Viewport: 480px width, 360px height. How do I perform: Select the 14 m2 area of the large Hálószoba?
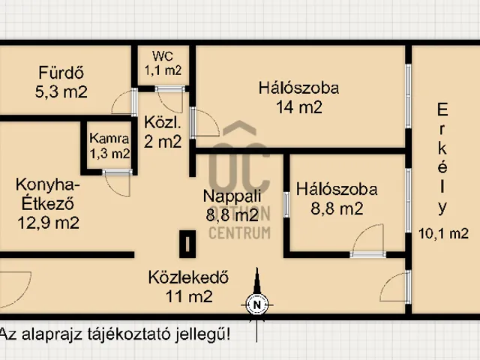[x=298, y=106]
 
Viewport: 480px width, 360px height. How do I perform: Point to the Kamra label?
[x=109, y=139]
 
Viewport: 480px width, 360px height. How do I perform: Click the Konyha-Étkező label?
[x=48, y=193]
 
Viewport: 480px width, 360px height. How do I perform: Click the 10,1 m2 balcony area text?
[x=443, y=233]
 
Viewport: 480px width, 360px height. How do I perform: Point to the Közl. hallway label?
[x=160, y=123]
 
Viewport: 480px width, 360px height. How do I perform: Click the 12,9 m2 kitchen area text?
[x=49, y=221]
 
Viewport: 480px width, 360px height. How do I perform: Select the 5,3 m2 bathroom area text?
[x=62, y=92]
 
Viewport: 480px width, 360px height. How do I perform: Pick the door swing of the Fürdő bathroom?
[x=122, y=105]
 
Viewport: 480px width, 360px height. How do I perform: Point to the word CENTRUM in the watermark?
[x=238, y=232]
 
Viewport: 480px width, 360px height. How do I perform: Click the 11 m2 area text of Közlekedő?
[x=189, y=295]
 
